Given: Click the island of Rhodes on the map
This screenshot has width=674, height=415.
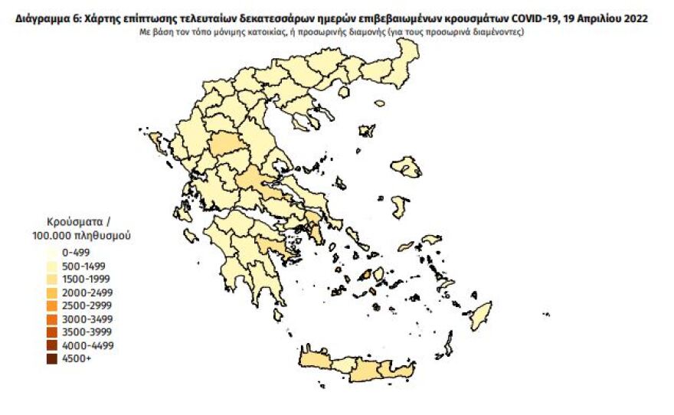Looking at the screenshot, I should (482, 315).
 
